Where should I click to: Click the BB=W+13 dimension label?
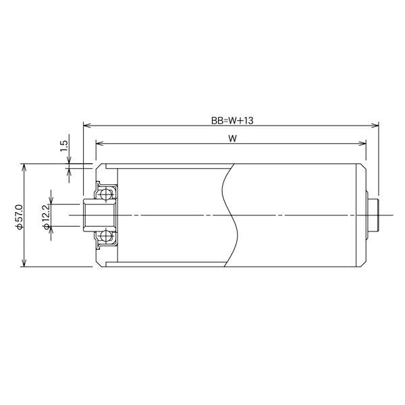point(232,121)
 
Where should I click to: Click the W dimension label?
point(232,138)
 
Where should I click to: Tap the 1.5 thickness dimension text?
point(64,146)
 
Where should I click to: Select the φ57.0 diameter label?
point(20,217)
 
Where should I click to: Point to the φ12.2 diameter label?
point(46,217)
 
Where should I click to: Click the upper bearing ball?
point(105,194)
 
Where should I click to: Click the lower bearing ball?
point(105,236)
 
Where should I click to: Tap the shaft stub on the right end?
point(373,215)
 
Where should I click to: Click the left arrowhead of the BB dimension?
point(86,126)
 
